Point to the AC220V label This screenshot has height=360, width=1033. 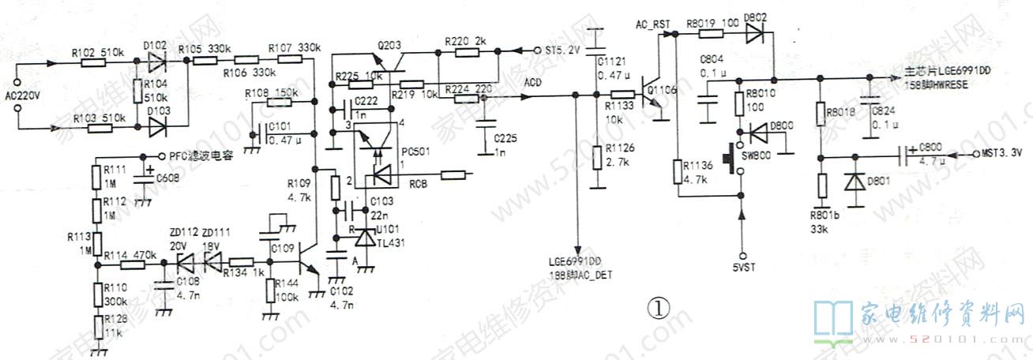coord(21,96)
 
